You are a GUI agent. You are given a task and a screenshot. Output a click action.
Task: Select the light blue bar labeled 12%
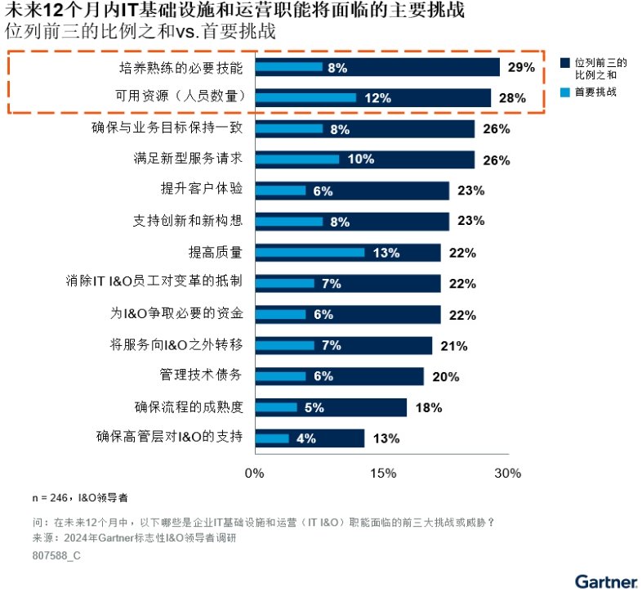pos(305,98)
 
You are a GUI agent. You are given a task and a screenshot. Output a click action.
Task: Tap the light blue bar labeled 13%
pos(310,253)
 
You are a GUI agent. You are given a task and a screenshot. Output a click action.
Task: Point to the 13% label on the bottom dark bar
pos(386,438)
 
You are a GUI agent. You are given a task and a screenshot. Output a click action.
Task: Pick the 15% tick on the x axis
pos(382,473)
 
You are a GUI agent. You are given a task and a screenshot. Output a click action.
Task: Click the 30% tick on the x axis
pos(507,473)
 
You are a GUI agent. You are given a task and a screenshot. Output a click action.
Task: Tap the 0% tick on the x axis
pos(255,473)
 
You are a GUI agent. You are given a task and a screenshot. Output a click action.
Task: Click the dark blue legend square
pos(564,63)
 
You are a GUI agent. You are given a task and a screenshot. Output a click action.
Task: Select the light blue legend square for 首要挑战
pos(564,92)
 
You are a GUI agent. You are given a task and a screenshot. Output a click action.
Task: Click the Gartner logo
pos(605,582)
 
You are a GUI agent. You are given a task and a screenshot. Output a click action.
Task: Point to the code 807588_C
pos(56,555)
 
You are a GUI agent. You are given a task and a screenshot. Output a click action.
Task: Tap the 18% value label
pos(428,407)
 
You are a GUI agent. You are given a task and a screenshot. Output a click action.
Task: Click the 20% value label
pos(445,376)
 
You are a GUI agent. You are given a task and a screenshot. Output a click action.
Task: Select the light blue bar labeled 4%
pos(272,438)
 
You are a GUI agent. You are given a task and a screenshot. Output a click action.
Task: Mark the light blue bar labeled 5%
pos(276,407)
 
